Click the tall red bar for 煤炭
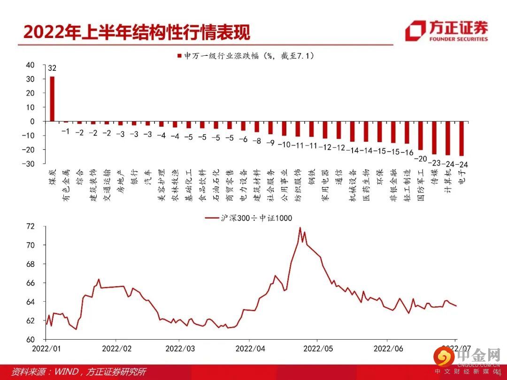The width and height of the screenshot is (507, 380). [52, 99]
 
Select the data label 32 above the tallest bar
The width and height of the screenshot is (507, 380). [52, 68]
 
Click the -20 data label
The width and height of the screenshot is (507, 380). [421, 159]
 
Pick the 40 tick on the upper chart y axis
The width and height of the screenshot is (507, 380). [30, 65]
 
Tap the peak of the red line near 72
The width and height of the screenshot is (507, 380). [300, 228]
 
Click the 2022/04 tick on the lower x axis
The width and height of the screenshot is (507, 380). [250, 349]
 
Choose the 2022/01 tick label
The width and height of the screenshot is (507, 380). [46, 349]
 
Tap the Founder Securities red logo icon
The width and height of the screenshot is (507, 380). [415, 31]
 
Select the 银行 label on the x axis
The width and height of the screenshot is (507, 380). [134, 177]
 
